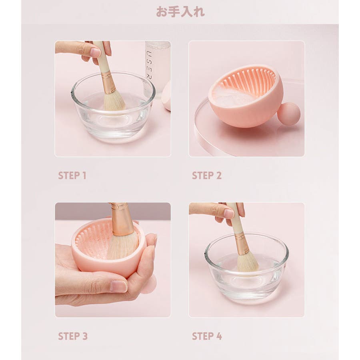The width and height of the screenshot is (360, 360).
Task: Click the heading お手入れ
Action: (x=180, y=12)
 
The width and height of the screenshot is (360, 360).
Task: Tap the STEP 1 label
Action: (x=72, y=176)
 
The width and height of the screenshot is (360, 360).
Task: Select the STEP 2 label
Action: (x=207, y=176)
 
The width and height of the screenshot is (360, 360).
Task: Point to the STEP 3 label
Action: (x=73, y=336)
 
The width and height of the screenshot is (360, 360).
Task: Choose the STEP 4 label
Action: (x=207, y=336)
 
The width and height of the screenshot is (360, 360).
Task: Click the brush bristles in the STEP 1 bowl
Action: (x=114, y=101)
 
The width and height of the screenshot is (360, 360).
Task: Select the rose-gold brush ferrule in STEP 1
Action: (x=108, y=82)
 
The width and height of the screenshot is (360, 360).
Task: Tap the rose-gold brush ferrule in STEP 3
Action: (x=121, y=219)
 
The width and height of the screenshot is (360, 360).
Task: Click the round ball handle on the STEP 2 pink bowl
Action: (x=289, y=114)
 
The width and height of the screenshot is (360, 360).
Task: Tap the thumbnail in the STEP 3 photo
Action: (x=118, y=286)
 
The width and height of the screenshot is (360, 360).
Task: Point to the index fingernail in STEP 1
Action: (x=95, y=52)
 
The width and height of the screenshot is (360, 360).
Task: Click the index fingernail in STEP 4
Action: (x=229, y=214)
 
